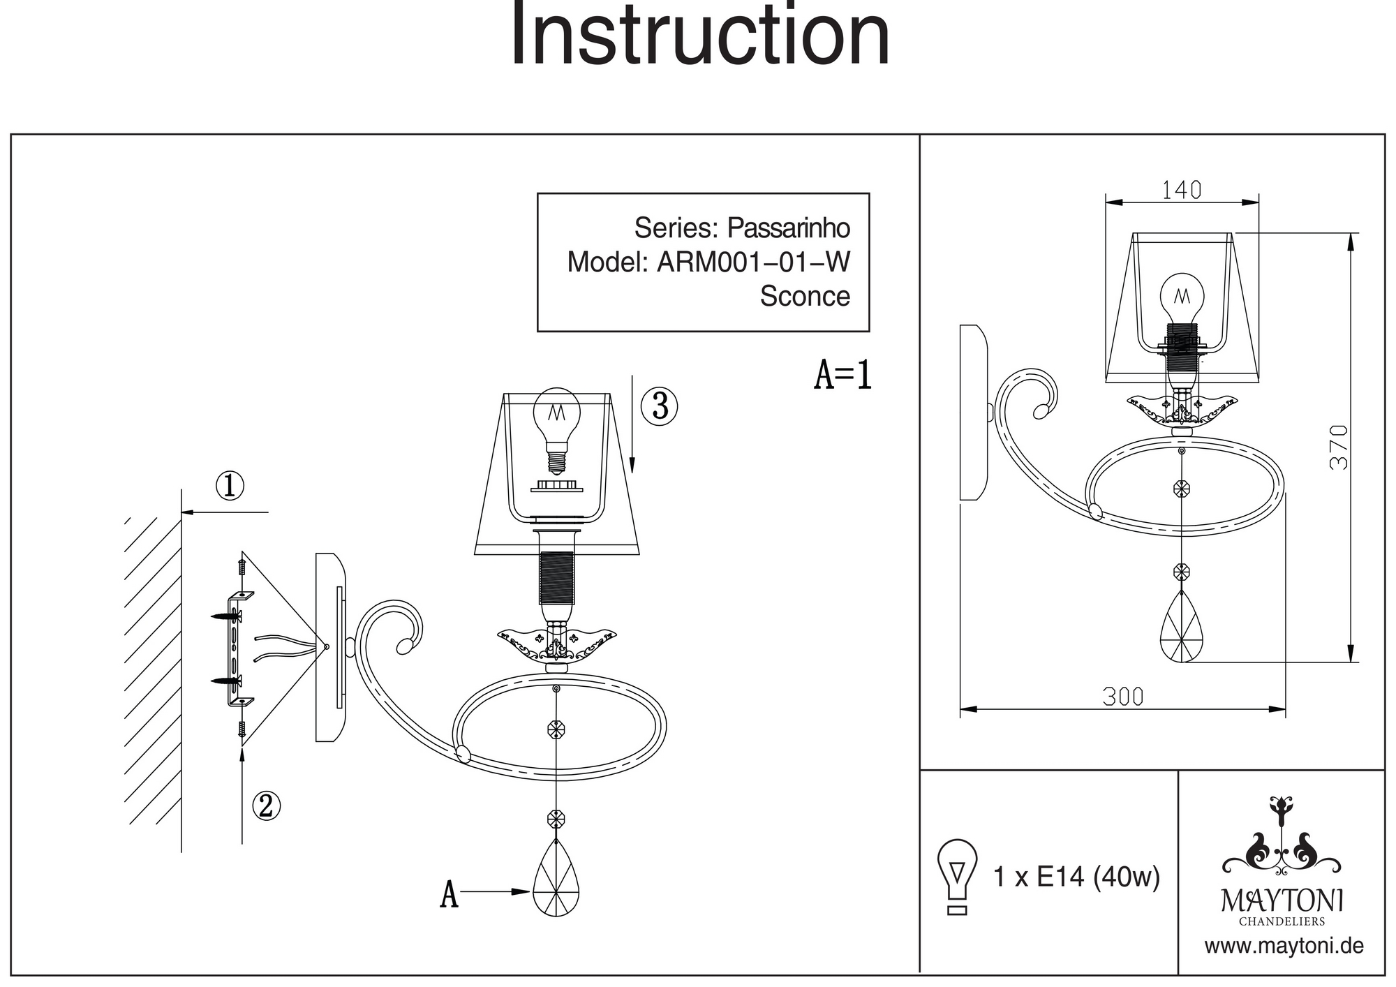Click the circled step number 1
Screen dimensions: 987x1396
coord(230,487)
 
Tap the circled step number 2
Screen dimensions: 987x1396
coord(266,806)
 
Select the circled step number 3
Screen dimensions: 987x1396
coord(660,406)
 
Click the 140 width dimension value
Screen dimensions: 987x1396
coord(1182,190)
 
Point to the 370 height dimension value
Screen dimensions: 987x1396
coord(1338,447)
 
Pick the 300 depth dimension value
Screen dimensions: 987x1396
coord(1123,697)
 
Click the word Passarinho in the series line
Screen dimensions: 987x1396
coord(789,228)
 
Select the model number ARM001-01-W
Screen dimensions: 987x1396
coord(754,262)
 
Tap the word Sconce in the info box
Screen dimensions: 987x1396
coord(805,297)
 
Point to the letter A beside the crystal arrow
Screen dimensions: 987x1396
coord(449,894)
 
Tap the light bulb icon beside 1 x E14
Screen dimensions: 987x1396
coord(957,876)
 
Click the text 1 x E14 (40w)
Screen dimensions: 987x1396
coord(1076,877)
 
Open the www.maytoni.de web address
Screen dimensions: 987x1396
coord(1283,947)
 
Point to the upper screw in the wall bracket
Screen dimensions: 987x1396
coord(228,616)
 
